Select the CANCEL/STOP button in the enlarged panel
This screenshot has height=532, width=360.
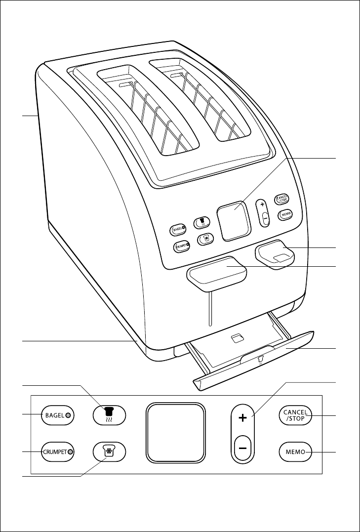295,415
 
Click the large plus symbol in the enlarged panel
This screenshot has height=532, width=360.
242,418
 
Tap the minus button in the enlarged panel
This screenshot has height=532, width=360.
242,447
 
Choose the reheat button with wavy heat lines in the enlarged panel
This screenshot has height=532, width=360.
109,415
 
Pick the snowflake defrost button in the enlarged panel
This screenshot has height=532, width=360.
109,451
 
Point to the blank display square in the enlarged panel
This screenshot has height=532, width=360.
175,433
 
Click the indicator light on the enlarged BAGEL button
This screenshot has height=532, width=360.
68,415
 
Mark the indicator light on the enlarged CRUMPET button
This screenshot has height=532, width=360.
71,451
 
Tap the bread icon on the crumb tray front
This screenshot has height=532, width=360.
261,357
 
